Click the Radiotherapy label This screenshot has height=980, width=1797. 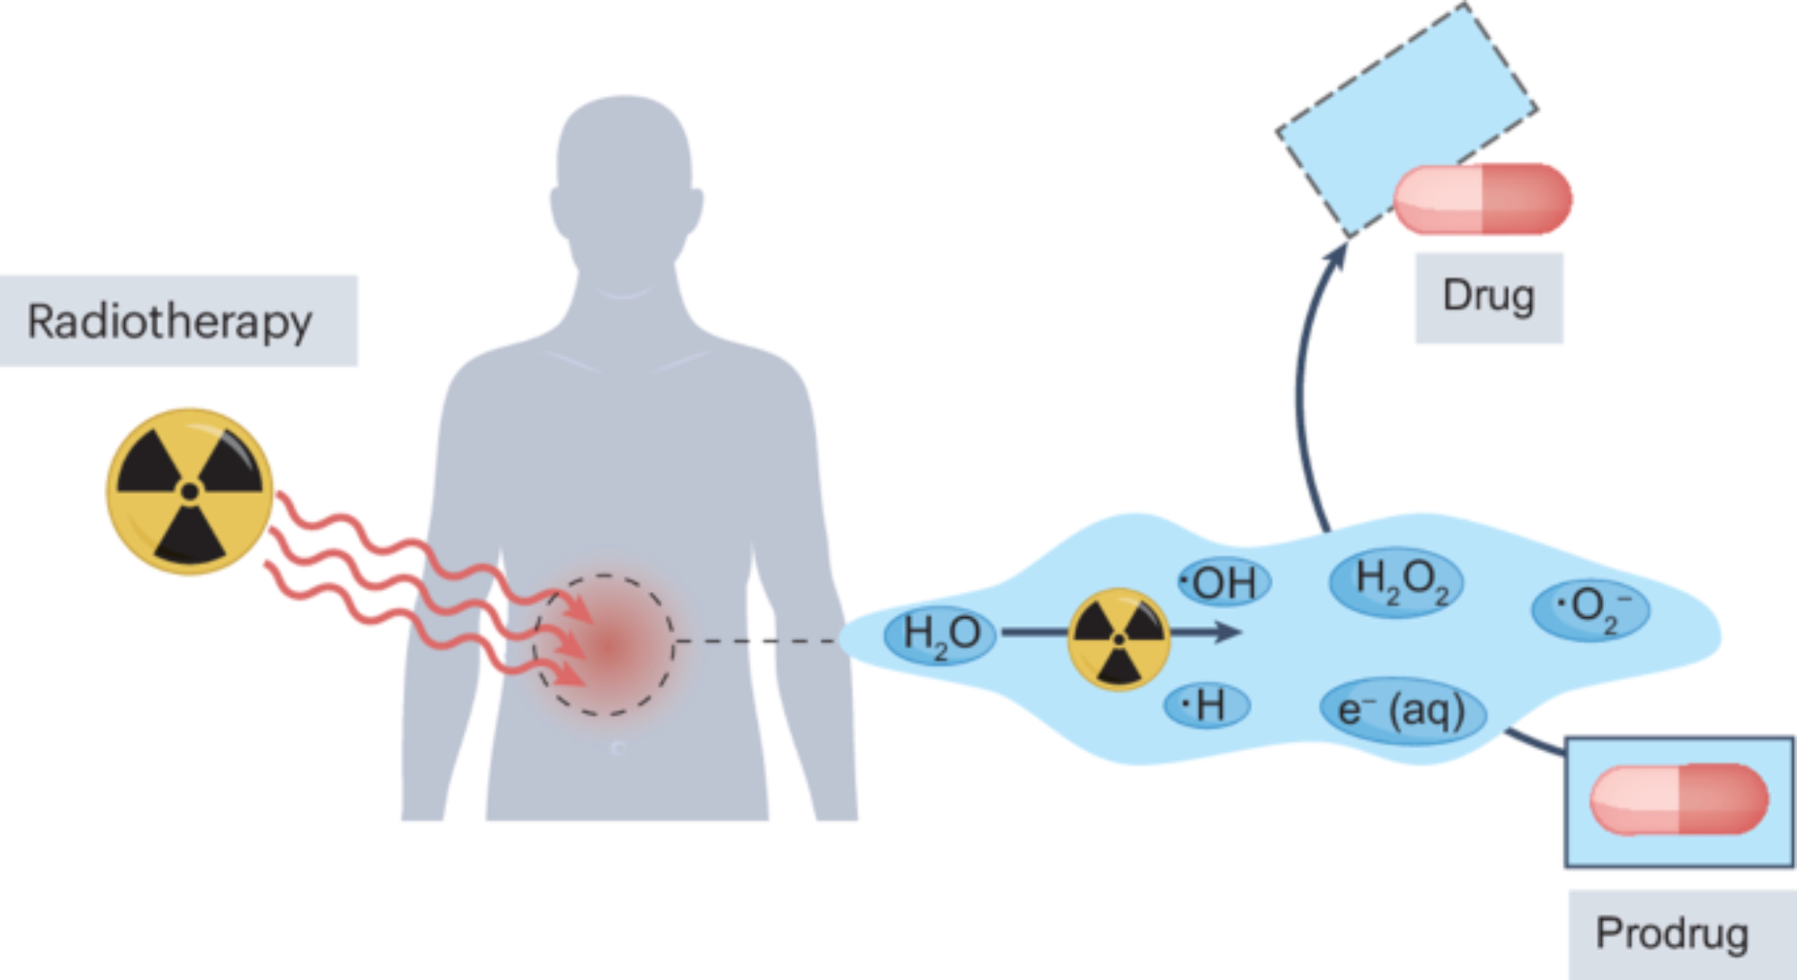(x=171, y=321)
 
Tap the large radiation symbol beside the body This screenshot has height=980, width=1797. (x=190, y=491)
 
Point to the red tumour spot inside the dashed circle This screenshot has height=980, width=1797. (x=608, y=645)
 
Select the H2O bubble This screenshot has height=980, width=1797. (x=941, y=634)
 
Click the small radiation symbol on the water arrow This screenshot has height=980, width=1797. (x=1119, y=639)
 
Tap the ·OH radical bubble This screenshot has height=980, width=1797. (x=1224, y=583)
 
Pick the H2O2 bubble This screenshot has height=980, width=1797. (x=1398, y=581)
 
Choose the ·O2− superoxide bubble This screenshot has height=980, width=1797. (x=1590, y=609)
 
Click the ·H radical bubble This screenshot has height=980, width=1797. (x=1207, y=705)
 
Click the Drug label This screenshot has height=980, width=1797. (x=1489, y=297)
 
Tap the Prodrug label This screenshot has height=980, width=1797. (x=1672, y=933)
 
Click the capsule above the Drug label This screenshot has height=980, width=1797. (x=1483, y=199)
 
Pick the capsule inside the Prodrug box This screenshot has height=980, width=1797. (x=1678, y=799)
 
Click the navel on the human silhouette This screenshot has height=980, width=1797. (x=618, y=747)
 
